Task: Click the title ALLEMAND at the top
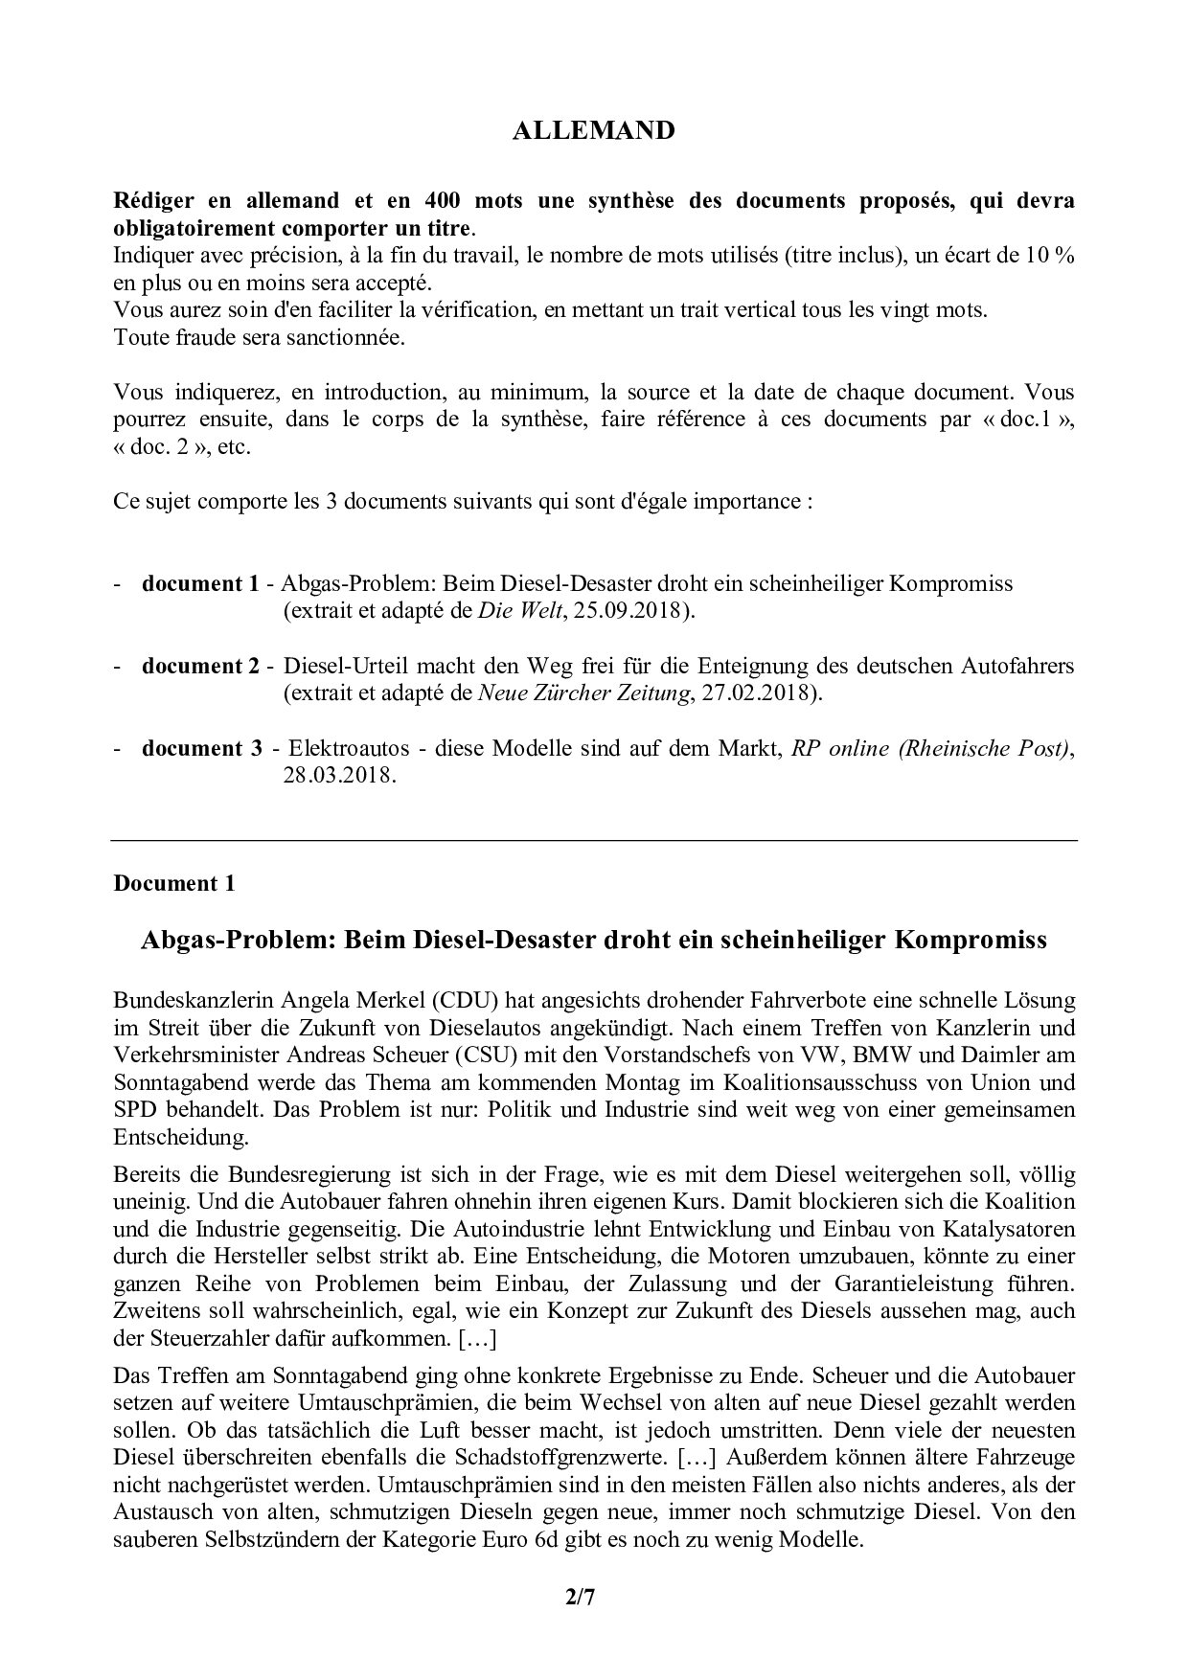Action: click(593, 131)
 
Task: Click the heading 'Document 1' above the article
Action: click(173, 883)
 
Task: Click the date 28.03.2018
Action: click(339, 776)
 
